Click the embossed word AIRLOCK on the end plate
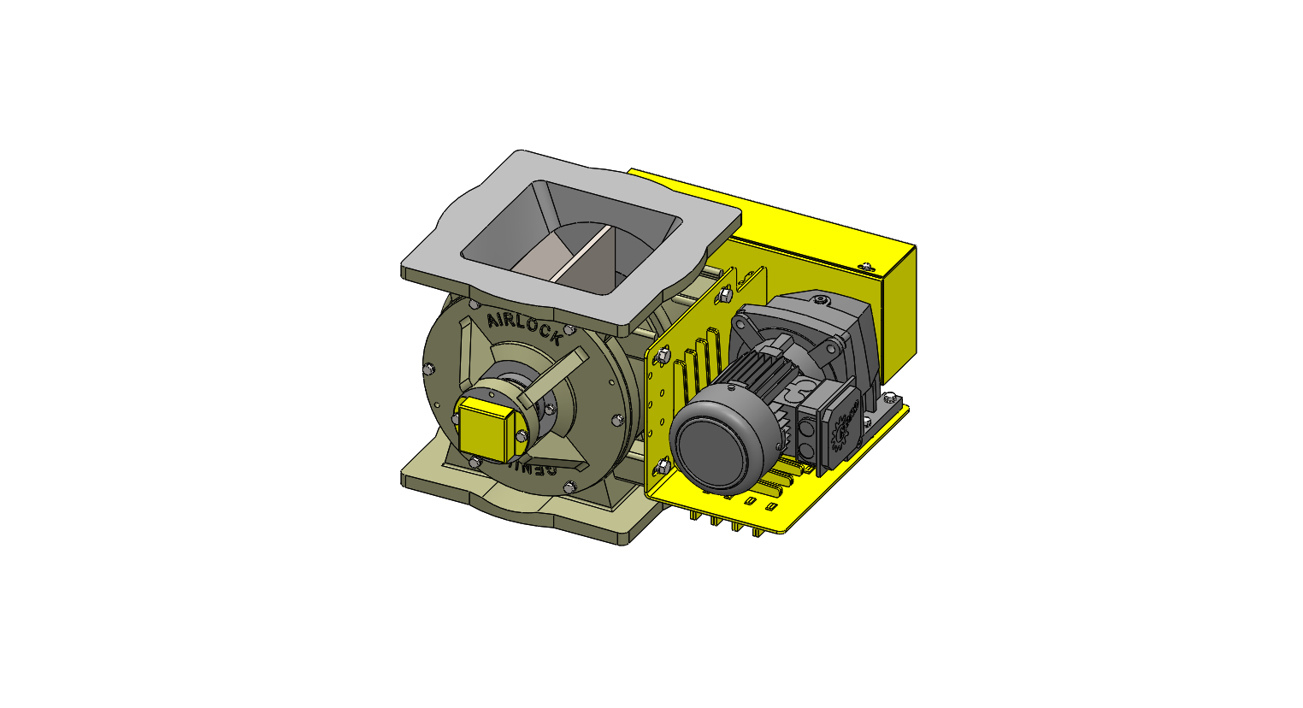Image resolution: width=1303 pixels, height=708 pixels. pos(524,327)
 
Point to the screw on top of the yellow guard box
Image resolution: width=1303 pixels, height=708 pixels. pos(867,267)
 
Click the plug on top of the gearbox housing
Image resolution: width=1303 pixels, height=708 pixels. pos(822,301)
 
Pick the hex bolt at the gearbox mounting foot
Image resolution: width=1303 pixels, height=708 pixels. pos(891,398)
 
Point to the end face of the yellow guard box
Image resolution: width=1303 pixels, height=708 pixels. pos(899,304)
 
